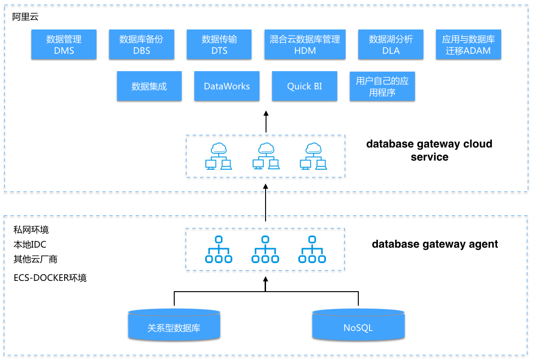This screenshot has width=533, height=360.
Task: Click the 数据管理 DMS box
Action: tap(64, 44)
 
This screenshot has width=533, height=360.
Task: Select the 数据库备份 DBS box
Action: tap(141, 44)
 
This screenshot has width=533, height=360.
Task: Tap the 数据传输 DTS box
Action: tap(219, 44)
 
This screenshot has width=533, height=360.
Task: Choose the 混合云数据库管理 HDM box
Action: tap(305, 44)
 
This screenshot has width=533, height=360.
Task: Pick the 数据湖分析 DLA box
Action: tap(391, 44)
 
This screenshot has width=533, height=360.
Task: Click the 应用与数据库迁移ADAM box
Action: tap(468, 44)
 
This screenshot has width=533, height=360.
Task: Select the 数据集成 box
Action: tap(149, 86)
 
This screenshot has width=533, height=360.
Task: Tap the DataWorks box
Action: tap(227, 86)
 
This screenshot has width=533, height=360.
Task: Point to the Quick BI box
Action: tap(304, 86)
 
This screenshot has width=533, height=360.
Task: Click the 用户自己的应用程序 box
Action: tap(382, 86)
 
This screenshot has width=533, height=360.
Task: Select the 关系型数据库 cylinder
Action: tap(174, 324)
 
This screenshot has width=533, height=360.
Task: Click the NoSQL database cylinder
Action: tap(358, 324)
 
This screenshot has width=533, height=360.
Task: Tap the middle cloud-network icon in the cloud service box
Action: tap(266, 156)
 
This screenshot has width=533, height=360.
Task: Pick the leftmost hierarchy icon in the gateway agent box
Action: tap(219, 250)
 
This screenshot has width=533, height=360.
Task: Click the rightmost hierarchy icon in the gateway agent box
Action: tap(312, 250)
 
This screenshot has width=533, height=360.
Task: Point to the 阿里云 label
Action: tap(25, 17)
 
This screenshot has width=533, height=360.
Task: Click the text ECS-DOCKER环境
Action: tap(50, 278)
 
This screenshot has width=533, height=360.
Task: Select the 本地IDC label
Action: tap(30, 244)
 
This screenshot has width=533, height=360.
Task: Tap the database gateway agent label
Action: tap(435, 244)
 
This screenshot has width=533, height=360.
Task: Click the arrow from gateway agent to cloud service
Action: tap(266, 203)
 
